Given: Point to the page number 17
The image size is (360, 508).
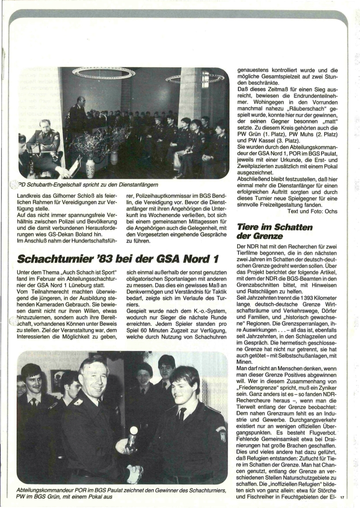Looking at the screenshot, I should pyautogui.click(x=342, y=498).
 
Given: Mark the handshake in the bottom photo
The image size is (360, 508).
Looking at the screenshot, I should pyautogui.click(x=134, y=474).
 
